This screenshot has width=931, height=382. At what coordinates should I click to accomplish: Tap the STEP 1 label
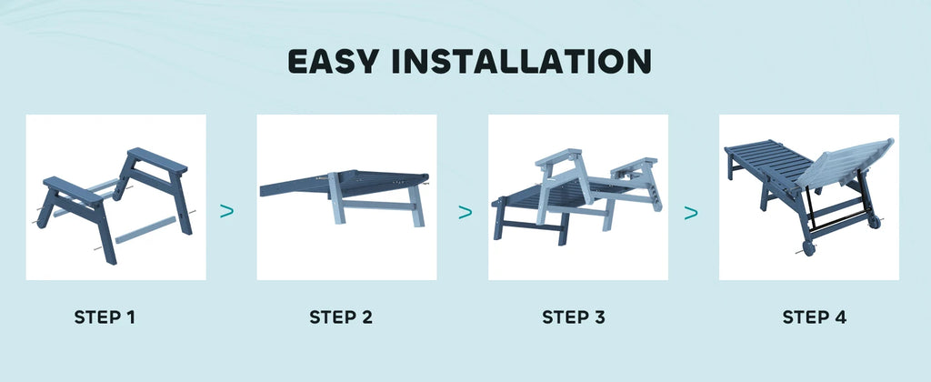(105, 317)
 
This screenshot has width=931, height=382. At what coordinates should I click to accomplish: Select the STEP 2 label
(341, 317)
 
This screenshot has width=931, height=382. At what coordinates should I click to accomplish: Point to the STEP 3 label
(574, 317)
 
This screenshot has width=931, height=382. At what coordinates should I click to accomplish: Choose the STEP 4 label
(815, 317)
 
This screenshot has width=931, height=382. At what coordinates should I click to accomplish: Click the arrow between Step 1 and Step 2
(227, 211)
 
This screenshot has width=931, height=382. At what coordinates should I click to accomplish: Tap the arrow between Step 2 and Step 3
(465, 212)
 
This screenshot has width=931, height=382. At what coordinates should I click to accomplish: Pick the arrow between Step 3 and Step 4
(691, 213)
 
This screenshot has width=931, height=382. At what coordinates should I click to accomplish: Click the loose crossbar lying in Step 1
(145, 228)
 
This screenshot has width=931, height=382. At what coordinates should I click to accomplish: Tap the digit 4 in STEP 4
(840, 317)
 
